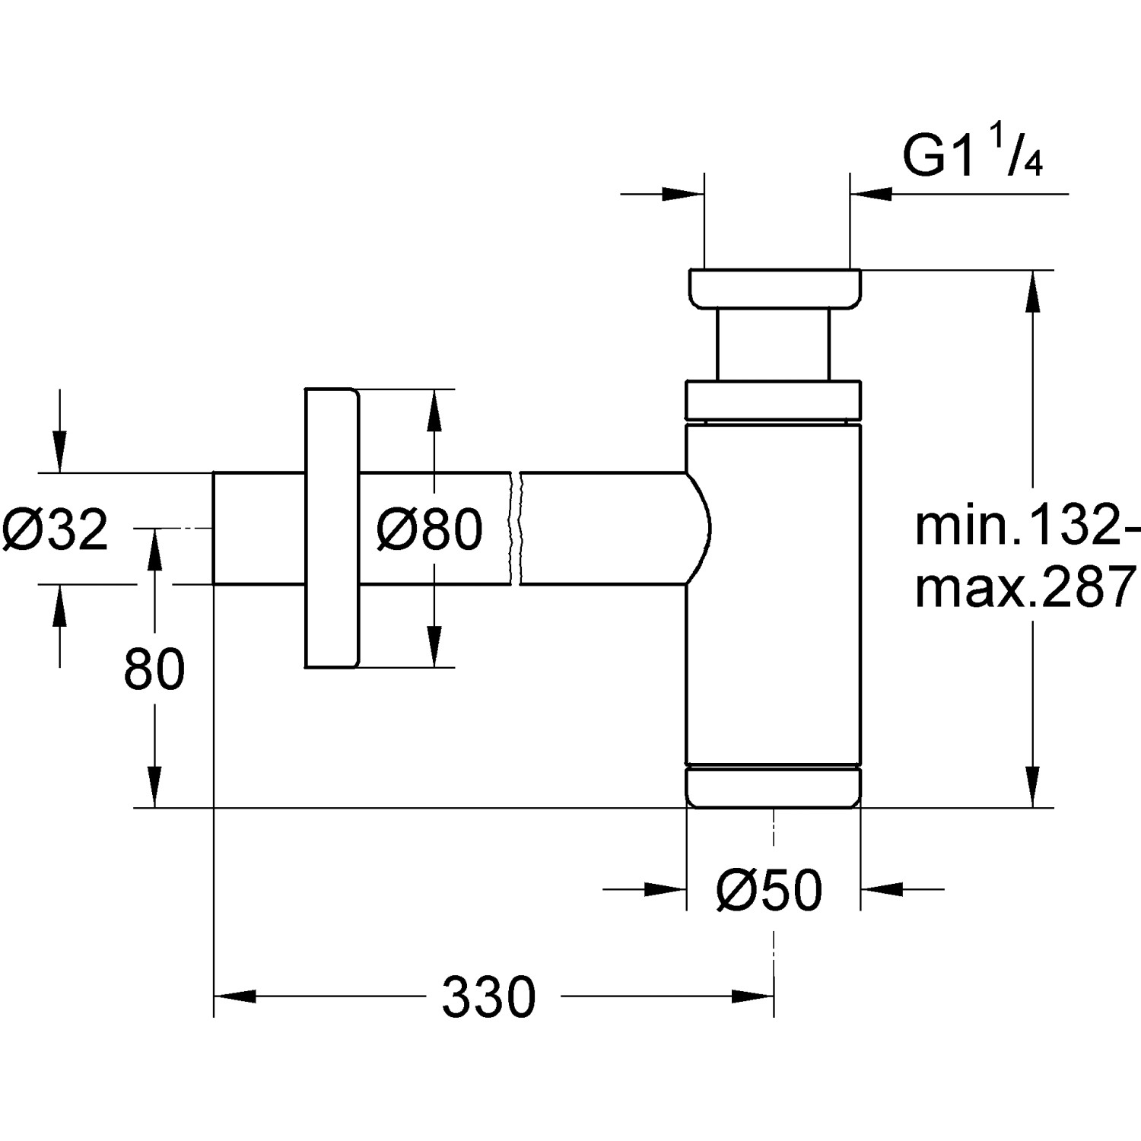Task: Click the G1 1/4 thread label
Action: (x=971, y=156)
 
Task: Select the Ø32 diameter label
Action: (x=55, y=529)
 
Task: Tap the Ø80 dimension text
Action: (x=430, y=529)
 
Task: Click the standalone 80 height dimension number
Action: (x=154, y=669)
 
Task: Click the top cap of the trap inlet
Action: (x=775, y=288)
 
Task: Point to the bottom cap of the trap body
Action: (x=774, y=787)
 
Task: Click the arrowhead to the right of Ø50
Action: (x=882, y=888)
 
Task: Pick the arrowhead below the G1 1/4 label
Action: (x=870, y=195)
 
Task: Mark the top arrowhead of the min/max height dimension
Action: (x=1031, y=291)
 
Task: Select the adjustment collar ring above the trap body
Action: (x=774, y=399)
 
